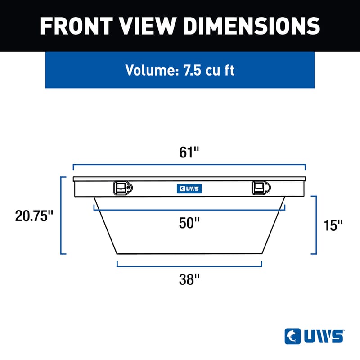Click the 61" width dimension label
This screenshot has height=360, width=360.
tap(189, 153)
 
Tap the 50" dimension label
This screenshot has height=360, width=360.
tap(189, 223)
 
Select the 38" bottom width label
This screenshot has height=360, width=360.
tap(189, 279)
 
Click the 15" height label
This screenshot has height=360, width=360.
tap(333, 225)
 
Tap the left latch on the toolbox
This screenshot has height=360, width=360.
tap(122, 188)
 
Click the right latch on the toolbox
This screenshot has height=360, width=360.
tap(260, 188)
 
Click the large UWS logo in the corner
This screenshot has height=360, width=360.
tap(314, 336)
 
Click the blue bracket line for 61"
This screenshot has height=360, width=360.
tap(189, 165)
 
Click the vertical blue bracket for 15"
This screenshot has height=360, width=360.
tap(318, 225)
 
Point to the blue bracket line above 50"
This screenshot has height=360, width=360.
tap(189, 210)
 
